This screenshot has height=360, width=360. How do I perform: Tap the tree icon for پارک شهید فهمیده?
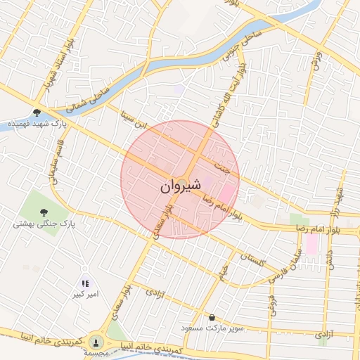coord(37,111)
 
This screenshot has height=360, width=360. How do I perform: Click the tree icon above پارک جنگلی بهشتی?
coord(44,212)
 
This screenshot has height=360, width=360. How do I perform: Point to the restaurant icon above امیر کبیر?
coord(86,283)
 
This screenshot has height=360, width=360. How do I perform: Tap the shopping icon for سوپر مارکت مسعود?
coord(212,317)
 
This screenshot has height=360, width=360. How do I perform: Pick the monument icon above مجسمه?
coord(96,342)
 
